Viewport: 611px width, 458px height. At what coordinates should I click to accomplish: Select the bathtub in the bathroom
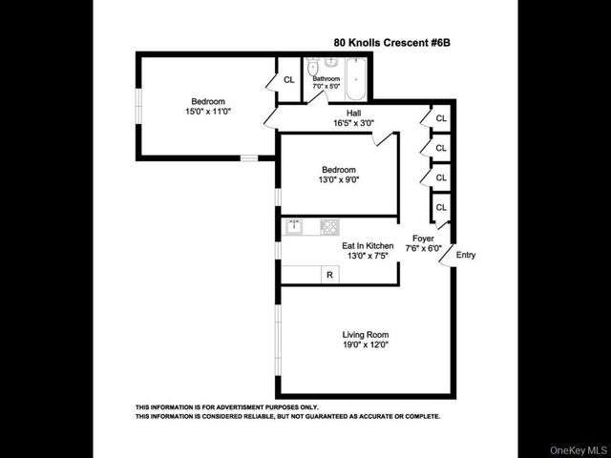click(x=357, y=77)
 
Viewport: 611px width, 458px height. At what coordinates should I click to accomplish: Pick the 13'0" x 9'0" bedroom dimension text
click(x=339, y=179)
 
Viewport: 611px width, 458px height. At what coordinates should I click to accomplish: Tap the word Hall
click(x=340, y=113)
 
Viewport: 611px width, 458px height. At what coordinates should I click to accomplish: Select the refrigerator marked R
click(x=329, y=275)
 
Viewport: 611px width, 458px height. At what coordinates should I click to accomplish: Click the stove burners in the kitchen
click(x=328, y=227)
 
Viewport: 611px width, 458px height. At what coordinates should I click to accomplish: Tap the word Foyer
click(x=423, y=238)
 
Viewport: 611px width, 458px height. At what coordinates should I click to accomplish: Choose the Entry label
click(x=466, y=255)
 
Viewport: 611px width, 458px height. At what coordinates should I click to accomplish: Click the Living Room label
click(x=366, y=334)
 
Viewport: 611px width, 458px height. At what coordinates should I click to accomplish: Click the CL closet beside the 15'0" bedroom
click(x=288, y=79)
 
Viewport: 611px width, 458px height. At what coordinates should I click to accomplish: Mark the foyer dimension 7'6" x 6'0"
click(x=423, y=248)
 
